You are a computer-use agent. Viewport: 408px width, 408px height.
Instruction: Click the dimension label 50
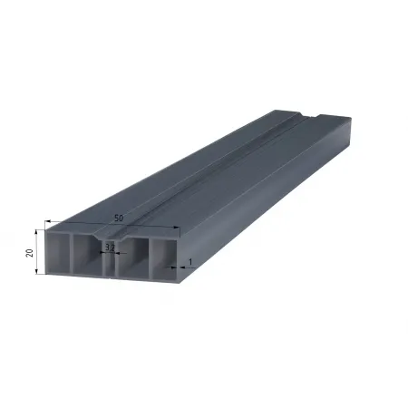click(119, 218)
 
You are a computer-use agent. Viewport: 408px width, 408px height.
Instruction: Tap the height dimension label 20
click(29, 253)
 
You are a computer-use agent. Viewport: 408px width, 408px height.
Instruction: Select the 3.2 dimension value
click(110, 248)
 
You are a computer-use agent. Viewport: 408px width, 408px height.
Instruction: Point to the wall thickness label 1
click(190, 262)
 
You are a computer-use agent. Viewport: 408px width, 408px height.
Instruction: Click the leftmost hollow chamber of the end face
click(58, 253)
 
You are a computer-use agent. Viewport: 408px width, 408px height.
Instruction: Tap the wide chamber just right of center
click(132, 257)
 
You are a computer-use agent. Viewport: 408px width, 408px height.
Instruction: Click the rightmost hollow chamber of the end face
click(163, 259)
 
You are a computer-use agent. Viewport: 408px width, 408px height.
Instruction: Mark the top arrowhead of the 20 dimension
click(36, 231)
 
